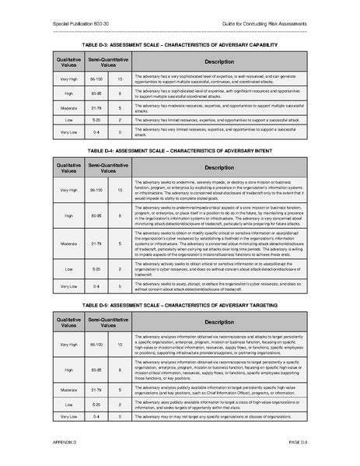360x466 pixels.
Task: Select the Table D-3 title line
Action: pos(180,46)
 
